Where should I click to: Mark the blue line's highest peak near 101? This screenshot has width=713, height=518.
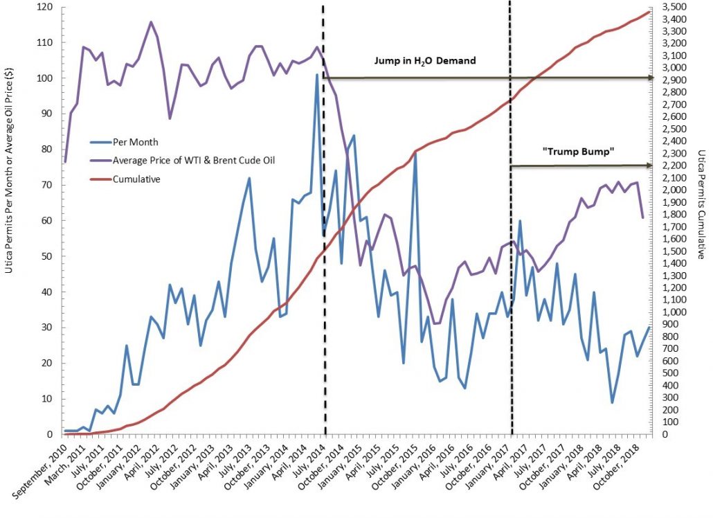tap(317, 75)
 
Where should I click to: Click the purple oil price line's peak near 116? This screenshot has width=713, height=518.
tap(151, 21)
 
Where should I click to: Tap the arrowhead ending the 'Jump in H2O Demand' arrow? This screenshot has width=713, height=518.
tap(651, 78)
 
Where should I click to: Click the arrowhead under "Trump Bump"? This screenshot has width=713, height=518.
tap(651, 166)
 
